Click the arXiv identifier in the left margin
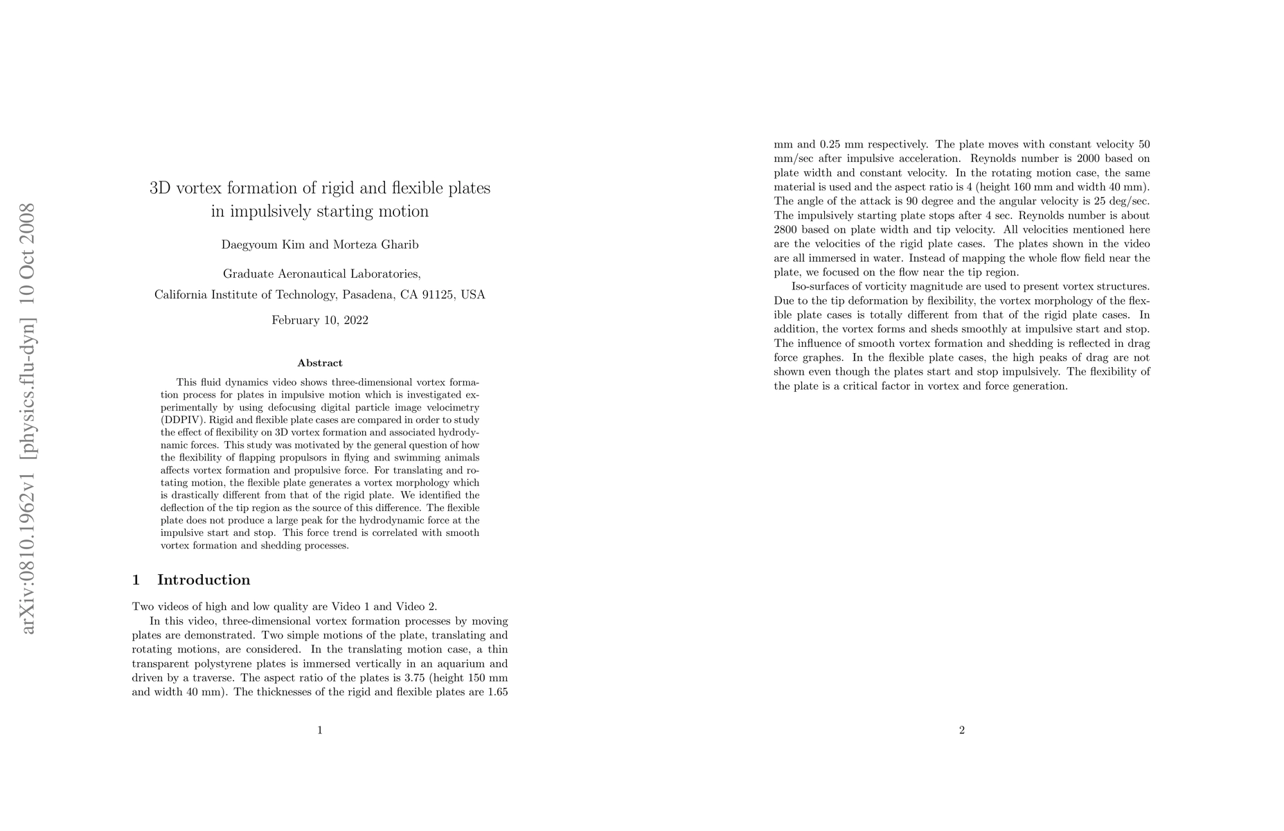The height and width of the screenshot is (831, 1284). pyautogui.click(x=28, y=418)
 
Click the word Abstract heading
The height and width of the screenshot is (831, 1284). pyautogui.click(x=319, y=363)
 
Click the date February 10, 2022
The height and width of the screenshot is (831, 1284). pyautogui.click(x=319, y=320)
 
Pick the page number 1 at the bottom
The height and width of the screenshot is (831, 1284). pyautogui.click(x=319, y=729)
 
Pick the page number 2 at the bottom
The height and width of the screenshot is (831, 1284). pyautogui.click(x=961, y=729)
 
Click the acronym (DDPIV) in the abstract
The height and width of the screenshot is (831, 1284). pyautogui.click(x=182, y=420)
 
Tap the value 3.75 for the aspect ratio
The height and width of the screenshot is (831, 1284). pyautogui.click(x=418, y=677)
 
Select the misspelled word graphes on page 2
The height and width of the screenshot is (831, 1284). pyautogui.click(x=823, y=357)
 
